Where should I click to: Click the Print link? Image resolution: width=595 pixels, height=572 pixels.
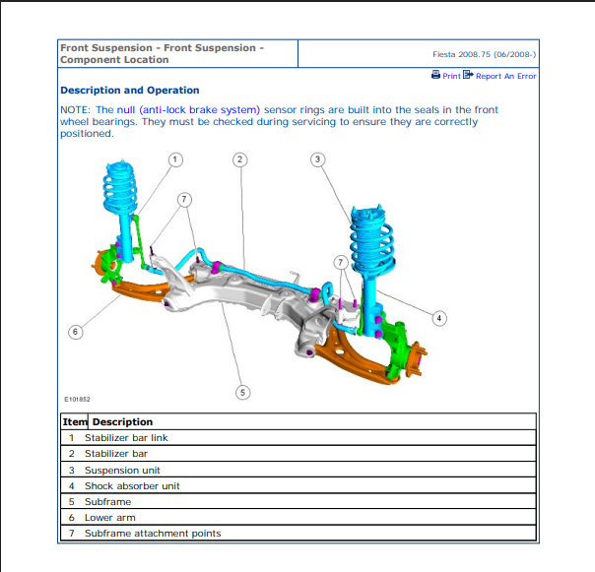(451, 76)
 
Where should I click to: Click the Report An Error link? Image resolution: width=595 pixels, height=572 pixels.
(505, 76)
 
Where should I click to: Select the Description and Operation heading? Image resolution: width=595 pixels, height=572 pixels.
(129, 91)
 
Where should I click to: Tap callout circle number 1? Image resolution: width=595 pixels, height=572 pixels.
(174, 159)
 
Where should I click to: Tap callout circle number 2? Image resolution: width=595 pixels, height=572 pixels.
(239, 159)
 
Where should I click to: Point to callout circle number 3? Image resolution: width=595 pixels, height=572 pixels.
(317, 159)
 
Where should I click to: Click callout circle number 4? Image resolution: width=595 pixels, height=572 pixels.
(439, 318)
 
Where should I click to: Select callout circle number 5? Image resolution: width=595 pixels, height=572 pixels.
(243, 392)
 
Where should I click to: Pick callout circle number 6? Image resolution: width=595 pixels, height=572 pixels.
(75, 332)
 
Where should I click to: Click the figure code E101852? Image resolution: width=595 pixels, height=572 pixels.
(77, 399)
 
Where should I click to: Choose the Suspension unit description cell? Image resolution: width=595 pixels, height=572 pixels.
(122, 470)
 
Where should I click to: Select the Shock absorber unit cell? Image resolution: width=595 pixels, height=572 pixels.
(132, 485)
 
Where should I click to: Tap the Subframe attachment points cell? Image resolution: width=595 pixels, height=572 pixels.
(153, 534)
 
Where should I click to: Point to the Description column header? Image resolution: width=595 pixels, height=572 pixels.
(122, 421)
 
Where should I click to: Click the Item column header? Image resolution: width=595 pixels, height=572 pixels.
(75, 421)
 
